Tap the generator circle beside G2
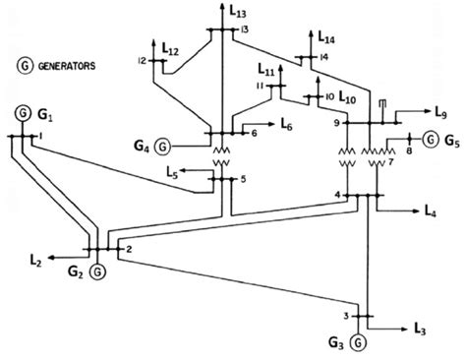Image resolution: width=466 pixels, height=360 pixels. click(x=96, y=270)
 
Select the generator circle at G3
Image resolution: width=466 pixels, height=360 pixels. click(x=359, y=340)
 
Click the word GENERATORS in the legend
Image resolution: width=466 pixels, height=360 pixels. click(x=68, y=66)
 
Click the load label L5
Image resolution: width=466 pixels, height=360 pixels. click(x=173, y=174)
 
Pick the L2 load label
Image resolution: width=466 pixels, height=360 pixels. click(x=34, y=261)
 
